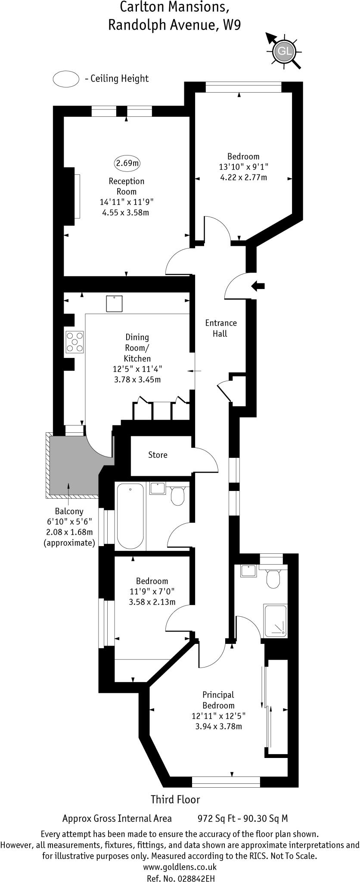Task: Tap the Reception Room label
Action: coord(126,186)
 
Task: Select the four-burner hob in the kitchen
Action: coord(74,342)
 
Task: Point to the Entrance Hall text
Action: coord(220,328)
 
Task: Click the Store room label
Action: coord(158,455)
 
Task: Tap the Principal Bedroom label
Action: coord(218,700)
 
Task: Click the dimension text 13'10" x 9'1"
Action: coord(243,167)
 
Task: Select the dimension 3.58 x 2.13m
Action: coord(152,602)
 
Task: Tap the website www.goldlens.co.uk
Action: coord(180,855)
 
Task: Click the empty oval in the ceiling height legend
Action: coord(65,79)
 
